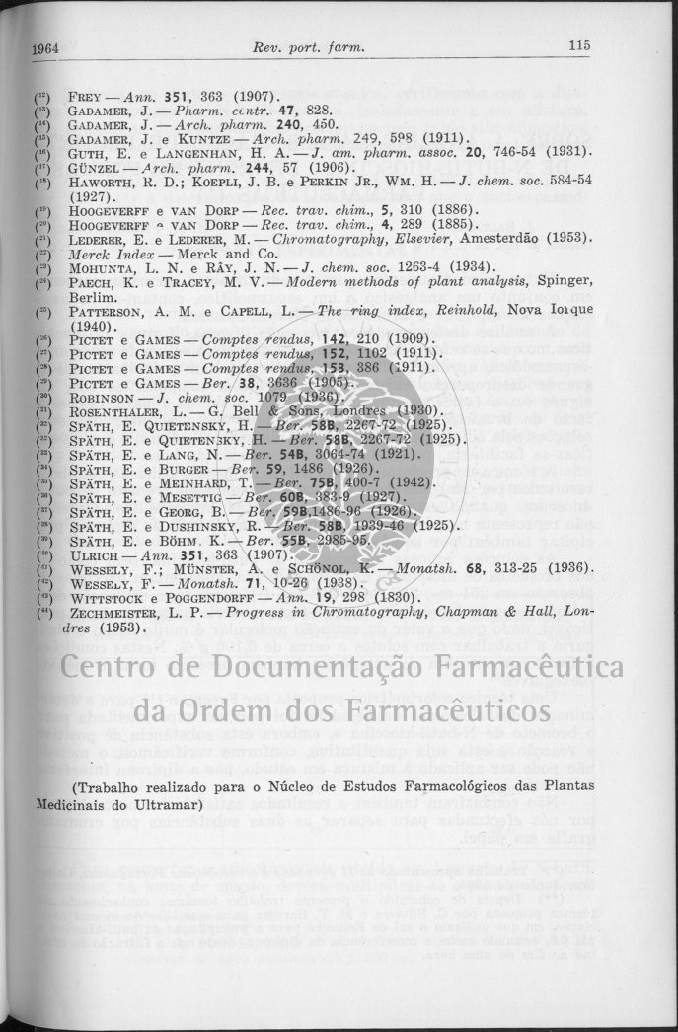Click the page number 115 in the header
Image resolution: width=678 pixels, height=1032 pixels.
tap(578, 46)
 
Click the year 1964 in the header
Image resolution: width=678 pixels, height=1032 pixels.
tap(46, 47)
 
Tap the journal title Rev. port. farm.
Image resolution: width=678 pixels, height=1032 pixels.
tap(308, 47)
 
